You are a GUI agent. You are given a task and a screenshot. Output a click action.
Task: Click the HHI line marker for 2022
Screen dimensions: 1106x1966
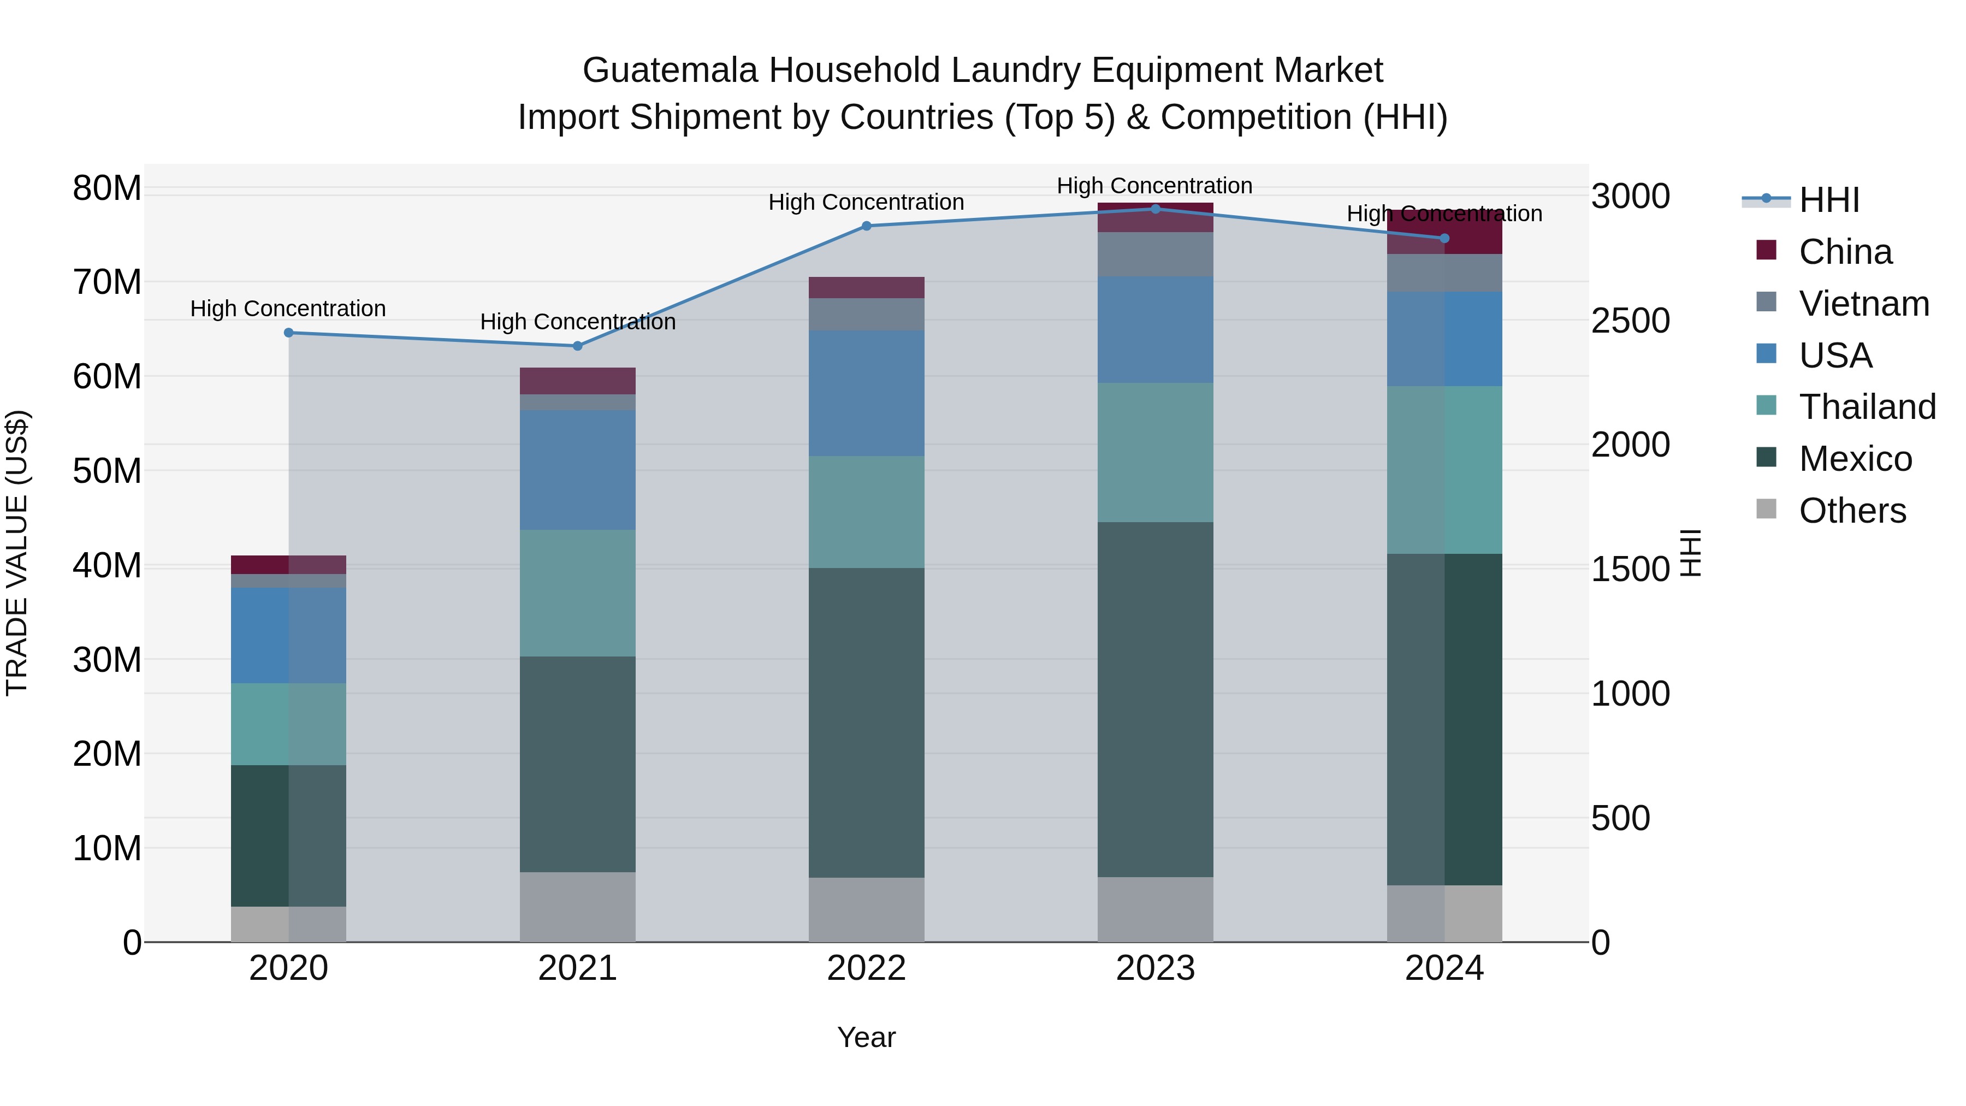tap(866, 226)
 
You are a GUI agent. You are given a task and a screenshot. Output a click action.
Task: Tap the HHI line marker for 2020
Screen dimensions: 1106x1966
tap(288, 333)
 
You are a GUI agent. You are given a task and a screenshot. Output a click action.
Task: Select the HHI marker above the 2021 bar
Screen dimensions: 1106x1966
tap(578, 346)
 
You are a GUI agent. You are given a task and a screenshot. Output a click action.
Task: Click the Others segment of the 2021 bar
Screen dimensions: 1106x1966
tap(578, 906)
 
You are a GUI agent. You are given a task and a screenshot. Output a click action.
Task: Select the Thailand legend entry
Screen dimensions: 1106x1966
tap(1866, 407)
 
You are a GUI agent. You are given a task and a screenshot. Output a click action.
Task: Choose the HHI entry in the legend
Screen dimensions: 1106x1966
tap(1828, 200)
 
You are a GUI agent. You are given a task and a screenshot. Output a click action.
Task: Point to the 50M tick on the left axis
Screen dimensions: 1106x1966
tap(107, 471)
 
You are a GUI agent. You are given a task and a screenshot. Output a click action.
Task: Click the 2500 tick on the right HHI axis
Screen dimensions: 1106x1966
tap(1630, 321)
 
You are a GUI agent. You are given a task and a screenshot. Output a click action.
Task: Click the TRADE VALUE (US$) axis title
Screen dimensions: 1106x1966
tap(17, 553)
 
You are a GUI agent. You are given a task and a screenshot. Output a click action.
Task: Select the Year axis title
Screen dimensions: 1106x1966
tap(866, 1037)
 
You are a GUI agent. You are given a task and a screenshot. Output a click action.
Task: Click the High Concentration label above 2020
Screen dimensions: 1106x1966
tap(288, 309)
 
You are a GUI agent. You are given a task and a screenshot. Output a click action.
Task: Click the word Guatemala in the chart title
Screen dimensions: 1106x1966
tap(670, 70)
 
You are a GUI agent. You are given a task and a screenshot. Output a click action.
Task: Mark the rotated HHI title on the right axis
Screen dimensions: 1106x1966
tap(1690, 553)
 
